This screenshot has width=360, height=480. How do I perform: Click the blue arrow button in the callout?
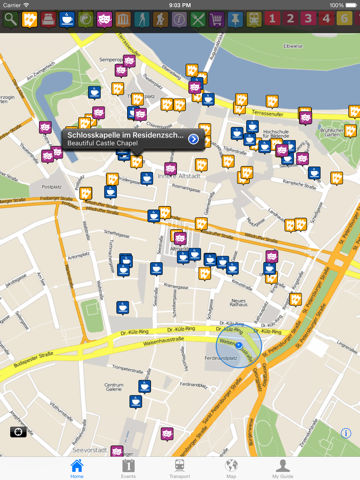tap(193, 138)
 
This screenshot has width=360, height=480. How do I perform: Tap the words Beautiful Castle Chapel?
tap(106, 143)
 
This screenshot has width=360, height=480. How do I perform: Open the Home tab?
tap(77, 468)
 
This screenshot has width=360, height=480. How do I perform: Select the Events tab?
tap(129, 468)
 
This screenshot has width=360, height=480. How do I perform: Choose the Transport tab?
tap(180, 468)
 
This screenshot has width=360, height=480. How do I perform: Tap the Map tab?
tap(231, 468)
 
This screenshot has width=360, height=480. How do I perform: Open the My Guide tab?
tap(283, 468)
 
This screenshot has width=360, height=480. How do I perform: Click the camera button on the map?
tap(18, 432)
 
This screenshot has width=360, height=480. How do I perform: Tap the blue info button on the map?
tap(346, 433)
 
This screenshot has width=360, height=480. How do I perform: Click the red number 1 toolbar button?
tap(289, 19)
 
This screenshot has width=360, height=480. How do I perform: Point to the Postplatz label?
tap(52, 186)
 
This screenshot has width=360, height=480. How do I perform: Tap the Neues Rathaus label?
tap(238, 304)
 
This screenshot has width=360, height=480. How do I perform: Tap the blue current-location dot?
tap(239, 345)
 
